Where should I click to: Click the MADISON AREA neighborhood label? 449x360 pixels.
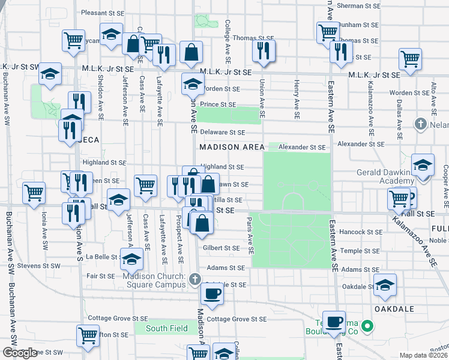click(x=228, y=148)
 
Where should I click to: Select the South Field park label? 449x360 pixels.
click(x=165, y=328)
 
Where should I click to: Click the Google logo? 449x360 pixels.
click(x=20, y=353)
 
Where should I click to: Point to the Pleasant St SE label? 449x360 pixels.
click(x=102, y=13)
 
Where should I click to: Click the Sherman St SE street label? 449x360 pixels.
click(x=358, y=5)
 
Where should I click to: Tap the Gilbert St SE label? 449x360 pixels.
click(x=221, y=248)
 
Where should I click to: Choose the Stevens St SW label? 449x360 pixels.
click(x=39, y=265)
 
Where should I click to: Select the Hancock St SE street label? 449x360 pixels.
click(x=361, y=232)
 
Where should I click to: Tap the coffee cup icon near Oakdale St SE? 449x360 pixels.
click(x=211, y=294)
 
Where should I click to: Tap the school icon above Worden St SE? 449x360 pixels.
click(x=192, y=85)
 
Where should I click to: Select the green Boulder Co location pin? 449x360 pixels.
click(x=368, y=326)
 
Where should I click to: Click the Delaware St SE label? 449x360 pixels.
click(x=222, y=132)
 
